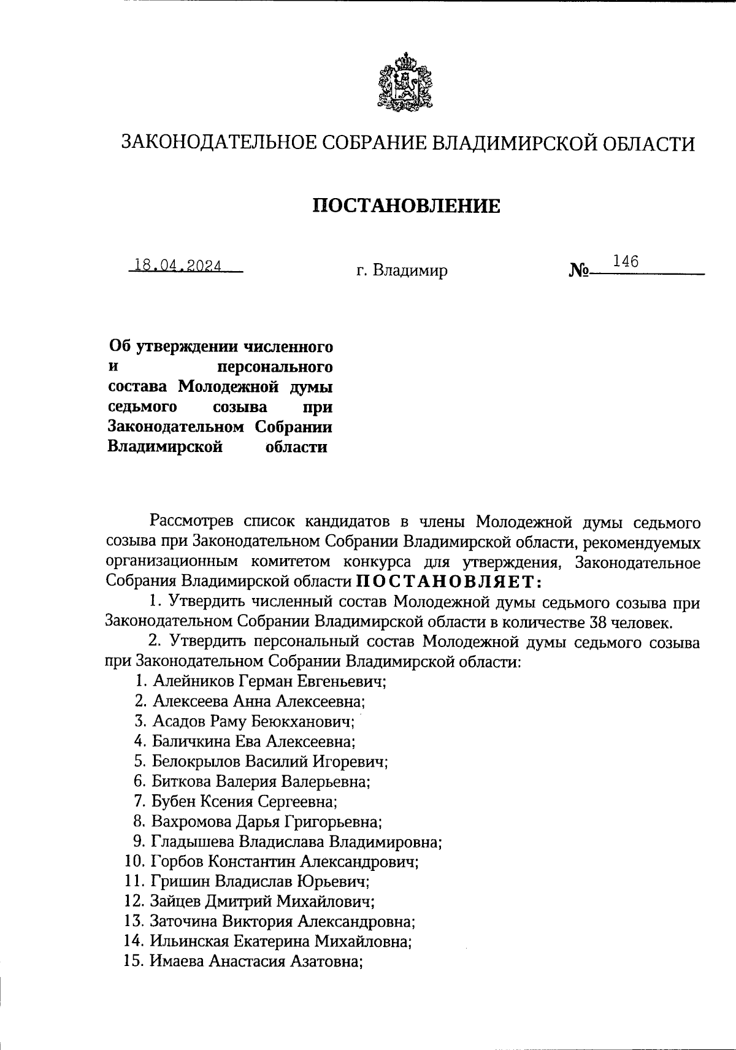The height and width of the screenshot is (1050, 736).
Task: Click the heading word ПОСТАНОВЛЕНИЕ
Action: pyautogui.click(x=407, y=205)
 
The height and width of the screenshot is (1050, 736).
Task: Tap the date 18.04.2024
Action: pyautogui.click(x=178, y=266)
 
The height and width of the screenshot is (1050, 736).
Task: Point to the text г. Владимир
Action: pyautogui.click(x=402, y=270)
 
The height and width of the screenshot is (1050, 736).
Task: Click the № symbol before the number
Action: pyautogui.click(x=579, y=270)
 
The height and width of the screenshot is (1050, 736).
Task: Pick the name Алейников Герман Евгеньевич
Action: pyautogui.click(x=269, y=681)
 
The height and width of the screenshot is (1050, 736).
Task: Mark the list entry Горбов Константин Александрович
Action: pyautogui.click(x=284, y=861)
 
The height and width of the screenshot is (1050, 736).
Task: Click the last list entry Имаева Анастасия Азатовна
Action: pyautogui.click(x=256, y=961)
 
